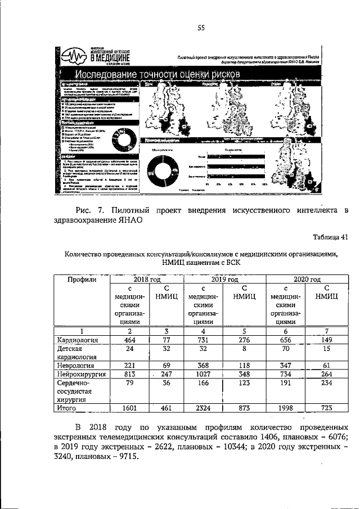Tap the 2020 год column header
[307, 279]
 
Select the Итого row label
[68, 407]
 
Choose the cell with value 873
[245, 407]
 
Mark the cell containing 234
[326, 382]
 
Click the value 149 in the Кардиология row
[326, 340]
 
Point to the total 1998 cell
[286, 407]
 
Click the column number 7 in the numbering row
[326, 331]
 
